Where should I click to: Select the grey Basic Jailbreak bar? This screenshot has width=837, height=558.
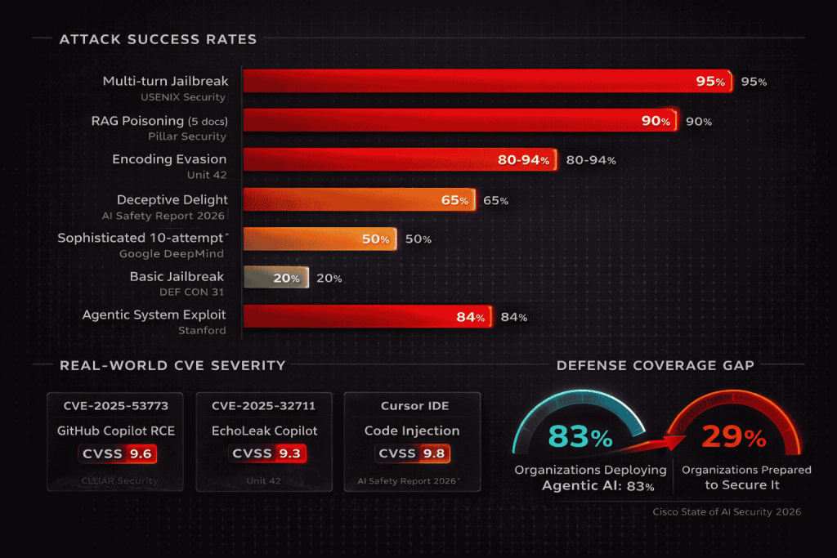point(275,278)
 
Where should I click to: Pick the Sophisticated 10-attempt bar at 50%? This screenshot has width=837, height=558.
point(319,239)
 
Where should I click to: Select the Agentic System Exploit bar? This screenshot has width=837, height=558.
point(367,317)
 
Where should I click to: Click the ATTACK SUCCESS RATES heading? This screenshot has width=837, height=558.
point(158,39)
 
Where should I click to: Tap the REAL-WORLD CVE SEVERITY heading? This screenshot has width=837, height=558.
point(172,365)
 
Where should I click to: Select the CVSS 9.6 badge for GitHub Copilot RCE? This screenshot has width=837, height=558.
point(116,453)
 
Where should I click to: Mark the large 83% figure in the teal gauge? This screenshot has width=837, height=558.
point(580,437)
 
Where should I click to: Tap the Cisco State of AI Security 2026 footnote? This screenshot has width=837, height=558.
point(726,511)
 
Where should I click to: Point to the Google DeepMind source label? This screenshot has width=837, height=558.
point(172,253)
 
